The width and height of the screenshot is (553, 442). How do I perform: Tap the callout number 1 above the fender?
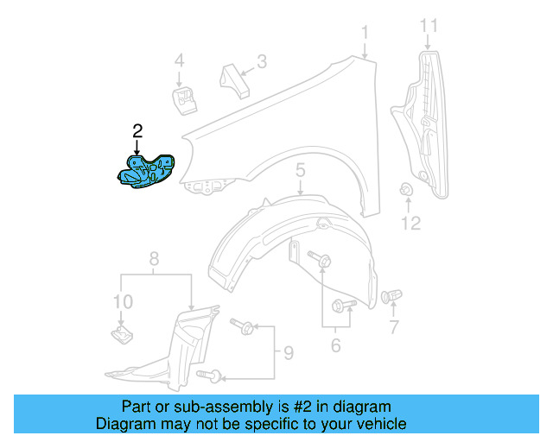point(365,33)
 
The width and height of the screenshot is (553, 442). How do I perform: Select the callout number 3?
point(261,61)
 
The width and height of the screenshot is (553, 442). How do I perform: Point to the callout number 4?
point(180,61)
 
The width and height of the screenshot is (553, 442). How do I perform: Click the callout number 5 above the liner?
point(300,170)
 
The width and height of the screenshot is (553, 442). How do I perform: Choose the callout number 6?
point(335,346)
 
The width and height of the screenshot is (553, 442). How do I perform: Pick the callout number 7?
point(394,327)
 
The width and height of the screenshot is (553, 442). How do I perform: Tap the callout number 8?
point(154,258)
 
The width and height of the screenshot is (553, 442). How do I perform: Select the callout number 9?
point(288,352)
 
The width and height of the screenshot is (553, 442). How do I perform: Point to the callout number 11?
point(429,27)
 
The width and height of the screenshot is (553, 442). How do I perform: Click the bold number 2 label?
point(137,131)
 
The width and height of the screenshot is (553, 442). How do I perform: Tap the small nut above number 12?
point(406,191)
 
